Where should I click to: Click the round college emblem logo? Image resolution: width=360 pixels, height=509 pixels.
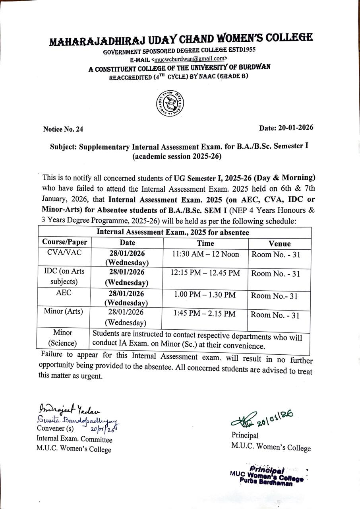tap(170, 103)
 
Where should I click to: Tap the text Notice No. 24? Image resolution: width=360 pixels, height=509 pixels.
tap(63, 129)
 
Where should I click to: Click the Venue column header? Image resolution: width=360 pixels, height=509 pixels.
tap(279, 243)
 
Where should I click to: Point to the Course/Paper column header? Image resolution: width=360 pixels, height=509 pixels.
tap(65, 242)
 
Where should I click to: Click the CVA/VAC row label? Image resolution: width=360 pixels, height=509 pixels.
tap(64, 253)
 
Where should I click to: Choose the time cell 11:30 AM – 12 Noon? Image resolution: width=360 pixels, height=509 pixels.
tap(205, 254)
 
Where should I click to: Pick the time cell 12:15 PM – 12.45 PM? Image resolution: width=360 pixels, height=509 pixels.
tap(205, 273)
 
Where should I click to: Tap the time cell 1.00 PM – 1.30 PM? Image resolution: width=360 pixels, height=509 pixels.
tap(205, 295)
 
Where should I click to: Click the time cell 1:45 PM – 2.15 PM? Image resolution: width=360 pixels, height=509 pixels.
tap(205, 314)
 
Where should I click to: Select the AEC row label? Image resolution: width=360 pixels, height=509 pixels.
tap(64, 292)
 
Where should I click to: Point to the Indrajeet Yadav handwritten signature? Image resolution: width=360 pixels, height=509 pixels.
tap(69, 409)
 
